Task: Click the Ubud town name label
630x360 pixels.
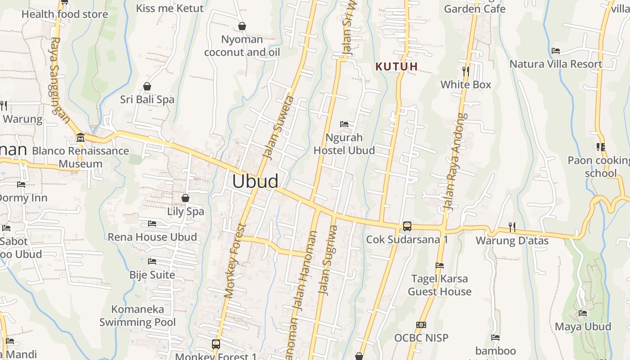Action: (x=255, y=181)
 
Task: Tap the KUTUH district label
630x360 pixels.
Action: (x=396, y=67)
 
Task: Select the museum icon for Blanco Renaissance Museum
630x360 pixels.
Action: (x=81, y=137)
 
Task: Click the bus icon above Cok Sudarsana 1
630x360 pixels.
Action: (x=407, y=226)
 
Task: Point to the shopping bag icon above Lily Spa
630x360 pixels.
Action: (x=185, y=198)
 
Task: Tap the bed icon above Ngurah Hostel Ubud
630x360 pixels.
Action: (x=344, y=124)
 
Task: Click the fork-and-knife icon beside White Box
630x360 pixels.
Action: (x=466, y=71)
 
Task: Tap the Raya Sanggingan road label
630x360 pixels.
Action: (x=59, y=80)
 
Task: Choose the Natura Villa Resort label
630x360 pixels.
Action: (x=555, y=64)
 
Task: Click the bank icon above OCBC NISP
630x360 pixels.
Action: (x=421, y=324)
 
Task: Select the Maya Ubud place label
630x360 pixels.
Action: (x=583, y=326)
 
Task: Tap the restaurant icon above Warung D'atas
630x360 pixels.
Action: (x=512, y=227)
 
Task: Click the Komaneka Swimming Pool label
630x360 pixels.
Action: (x=137, y=315)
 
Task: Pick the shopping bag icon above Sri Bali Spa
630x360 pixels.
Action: (x=147, y=86)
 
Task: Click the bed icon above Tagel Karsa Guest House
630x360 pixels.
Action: (x=440, y=265)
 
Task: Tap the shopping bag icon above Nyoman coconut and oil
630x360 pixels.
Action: (x=242, y=27)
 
